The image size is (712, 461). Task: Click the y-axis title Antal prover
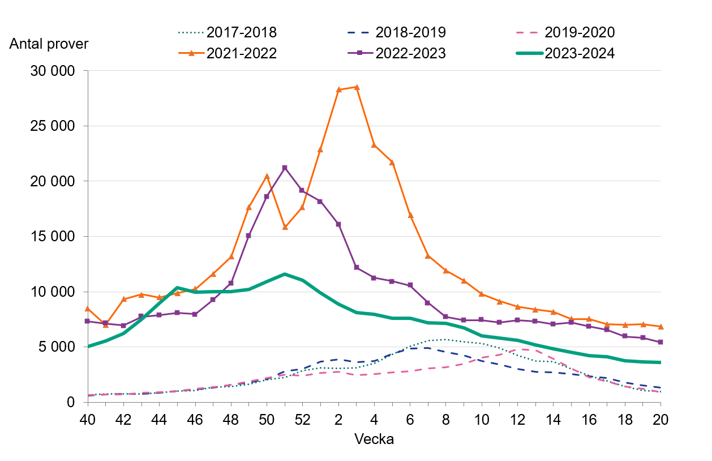(49, 44)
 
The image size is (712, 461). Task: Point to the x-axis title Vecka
(374, 439)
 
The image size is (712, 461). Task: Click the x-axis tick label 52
(302, 421)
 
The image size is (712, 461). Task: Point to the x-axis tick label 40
(87, 421)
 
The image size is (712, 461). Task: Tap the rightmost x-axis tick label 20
(660, 421)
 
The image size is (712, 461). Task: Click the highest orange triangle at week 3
(357, 87)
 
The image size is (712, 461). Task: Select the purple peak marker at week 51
(285, 168)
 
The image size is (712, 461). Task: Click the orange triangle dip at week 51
(285, 227)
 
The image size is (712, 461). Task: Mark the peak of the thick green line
(285, 274)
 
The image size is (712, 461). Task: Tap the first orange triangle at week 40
(87, 308)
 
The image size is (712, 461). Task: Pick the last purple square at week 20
(660, 342)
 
